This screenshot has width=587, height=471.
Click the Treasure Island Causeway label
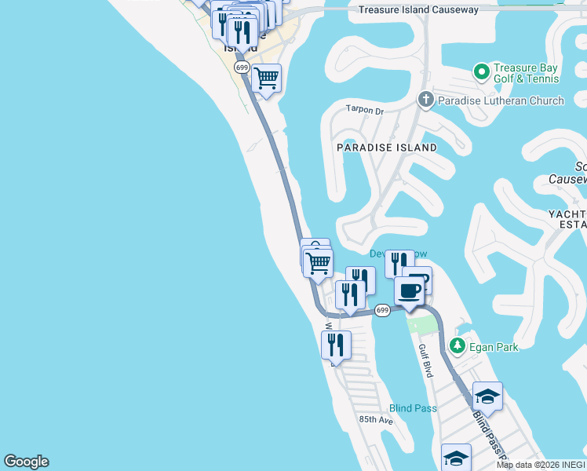click(417, 10)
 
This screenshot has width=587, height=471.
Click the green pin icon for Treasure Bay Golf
click(482, 72)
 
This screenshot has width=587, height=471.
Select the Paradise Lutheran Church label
click(501, 100)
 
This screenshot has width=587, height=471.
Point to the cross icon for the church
click(425, 100)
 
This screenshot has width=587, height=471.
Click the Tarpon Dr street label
click(365, 111)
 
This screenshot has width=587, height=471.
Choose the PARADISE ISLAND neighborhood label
click(387, 148)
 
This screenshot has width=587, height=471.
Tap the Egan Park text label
click(494, 346)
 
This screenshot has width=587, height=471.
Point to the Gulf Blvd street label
click(425, 360)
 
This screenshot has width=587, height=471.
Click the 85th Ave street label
click(376, 420)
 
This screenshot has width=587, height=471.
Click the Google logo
click(26, 462)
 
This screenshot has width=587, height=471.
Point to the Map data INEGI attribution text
click(541, 465)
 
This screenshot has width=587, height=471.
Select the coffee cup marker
click(409, 292)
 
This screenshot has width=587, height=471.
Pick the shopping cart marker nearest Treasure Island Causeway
click(266, 78)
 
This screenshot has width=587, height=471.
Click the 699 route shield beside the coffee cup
click(382, 310)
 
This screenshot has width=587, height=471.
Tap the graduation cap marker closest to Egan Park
click(487, 397)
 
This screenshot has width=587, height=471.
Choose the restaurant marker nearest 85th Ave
click(336, 345)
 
